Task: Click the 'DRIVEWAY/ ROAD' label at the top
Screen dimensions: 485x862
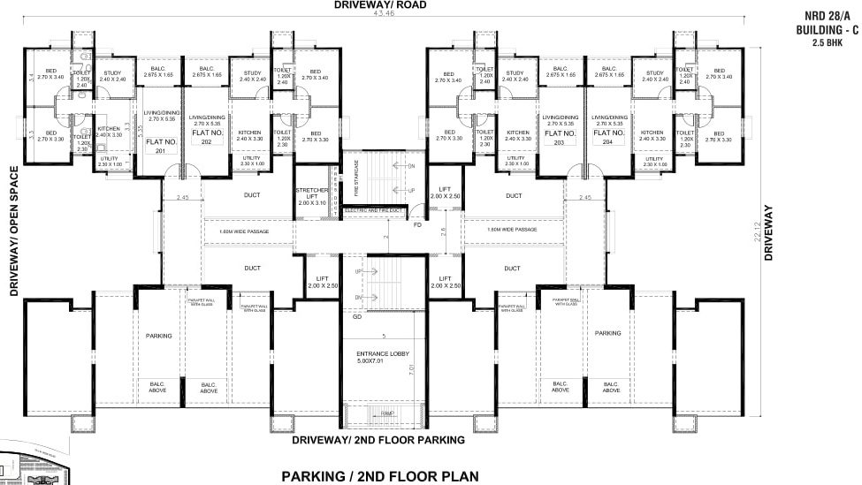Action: click(381, 5)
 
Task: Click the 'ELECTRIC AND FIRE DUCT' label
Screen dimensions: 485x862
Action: click(372, 210)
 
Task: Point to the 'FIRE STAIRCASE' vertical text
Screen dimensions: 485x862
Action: click(355, 178)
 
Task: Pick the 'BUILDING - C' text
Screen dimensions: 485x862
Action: click(827, 29)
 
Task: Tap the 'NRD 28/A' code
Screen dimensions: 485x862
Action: click(827, 16)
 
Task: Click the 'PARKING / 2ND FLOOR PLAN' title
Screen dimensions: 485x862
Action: click(380, 475)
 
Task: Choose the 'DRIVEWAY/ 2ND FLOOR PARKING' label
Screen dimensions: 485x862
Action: click(378, 439)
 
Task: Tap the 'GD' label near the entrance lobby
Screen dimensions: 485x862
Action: click(356, 316)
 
